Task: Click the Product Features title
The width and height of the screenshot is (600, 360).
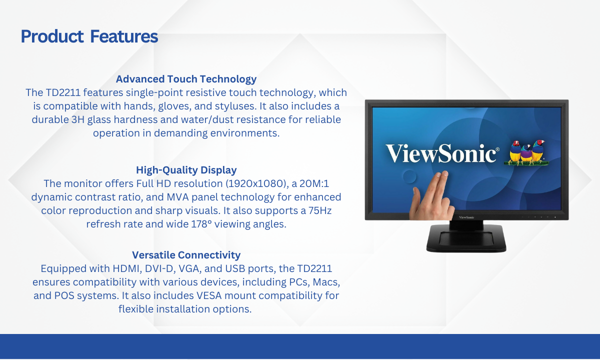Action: coord(89,36)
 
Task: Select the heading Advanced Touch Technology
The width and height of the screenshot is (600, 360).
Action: coord(186,79)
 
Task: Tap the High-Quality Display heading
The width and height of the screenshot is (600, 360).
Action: coord(186,170)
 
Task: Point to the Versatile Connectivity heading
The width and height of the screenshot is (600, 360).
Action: coord(186,255)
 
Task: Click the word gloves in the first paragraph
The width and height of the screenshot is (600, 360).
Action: coord(174,106)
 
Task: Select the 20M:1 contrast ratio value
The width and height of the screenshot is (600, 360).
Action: coord(314,184)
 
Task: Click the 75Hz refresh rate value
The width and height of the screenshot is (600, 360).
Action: coord(320,210)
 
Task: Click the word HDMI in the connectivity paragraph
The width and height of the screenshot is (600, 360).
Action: coord(127,268)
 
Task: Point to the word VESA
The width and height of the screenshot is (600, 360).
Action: coord(209,295)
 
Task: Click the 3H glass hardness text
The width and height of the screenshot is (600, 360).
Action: coord(78,119)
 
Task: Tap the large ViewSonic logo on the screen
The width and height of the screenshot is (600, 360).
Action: coord(442,153)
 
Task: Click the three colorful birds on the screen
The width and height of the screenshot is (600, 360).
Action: coord(526,152)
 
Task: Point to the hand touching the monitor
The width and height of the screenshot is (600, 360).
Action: coord(432,196)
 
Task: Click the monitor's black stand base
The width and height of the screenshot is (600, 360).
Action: coord(466,238)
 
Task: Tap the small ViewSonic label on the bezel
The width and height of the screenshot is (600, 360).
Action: coord(466,217)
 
